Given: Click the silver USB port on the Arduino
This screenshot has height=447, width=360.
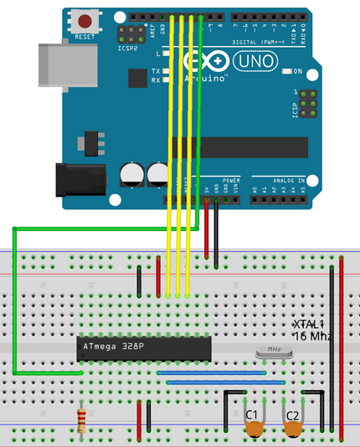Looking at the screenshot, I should (x=59, y=64).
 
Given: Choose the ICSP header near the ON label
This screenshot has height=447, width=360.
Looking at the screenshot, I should (x=307, y=102).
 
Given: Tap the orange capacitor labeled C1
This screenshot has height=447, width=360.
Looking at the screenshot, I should (x=255, y=428).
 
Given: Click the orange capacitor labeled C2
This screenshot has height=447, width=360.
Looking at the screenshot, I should (x=293, y=428).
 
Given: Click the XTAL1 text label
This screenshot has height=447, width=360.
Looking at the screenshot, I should (x=308, y=324).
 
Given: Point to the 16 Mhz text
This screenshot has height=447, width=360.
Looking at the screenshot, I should (x=312, y=336).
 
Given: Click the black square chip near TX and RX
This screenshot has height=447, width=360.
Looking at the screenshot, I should (x=136, y=77).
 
